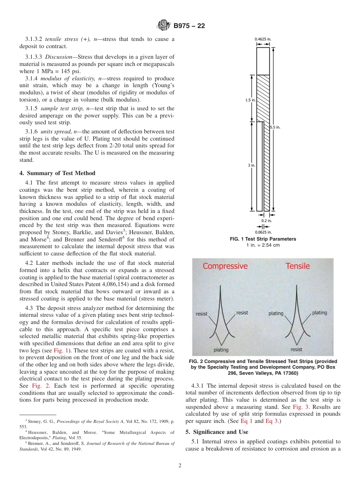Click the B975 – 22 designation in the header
point(189,26)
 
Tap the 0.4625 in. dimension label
point(263,39)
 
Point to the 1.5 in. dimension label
point(250,100)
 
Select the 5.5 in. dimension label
point(275,127)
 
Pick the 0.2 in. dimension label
point(266,220)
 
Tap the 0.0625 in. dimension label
point(263,232)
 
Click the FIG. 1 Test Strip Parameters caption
point(263,239)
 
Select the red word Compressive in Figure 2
point(225,266)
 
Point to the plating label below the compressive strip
point(221,350)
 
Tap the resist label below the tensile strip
point(296,349)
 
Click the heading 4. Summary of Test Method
point(57,173)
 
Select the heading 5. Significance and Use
point(217,432)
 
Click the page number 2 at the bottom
point(180,466)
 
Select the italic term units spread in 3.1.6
point(56,131)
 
